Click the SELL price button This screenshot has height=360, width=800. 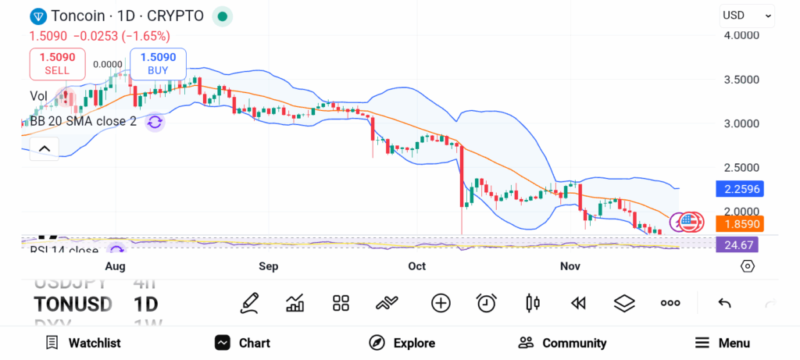point(57,63)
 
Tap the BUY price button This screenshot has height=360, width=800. point(159,63)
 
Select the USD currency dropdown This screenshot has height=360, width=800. point(747,15)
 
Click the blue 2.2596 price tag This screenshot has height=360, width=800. point(738,188)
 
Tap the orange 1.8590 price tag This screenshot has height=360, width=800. point(738,224)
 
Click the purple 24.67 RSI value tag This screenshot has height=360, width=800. point(738,245)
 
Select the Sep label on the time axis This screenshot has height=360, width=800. point(269,266)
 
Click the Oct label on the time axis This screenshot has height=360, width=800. point(417,266)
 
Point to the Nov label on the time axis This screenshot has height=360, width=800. point(570,266)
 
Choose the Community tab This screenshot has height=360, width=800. point(562,343)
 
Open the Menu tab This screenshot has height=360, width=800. point(722,343)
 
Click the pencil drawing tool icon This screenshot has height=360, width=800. point(250,303)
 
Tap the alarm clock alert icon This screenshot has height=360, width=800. point(487,303)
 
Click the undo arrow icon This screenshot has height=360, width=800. point(724,303)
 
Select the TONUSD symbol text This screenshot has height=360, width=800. point(73,304)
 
